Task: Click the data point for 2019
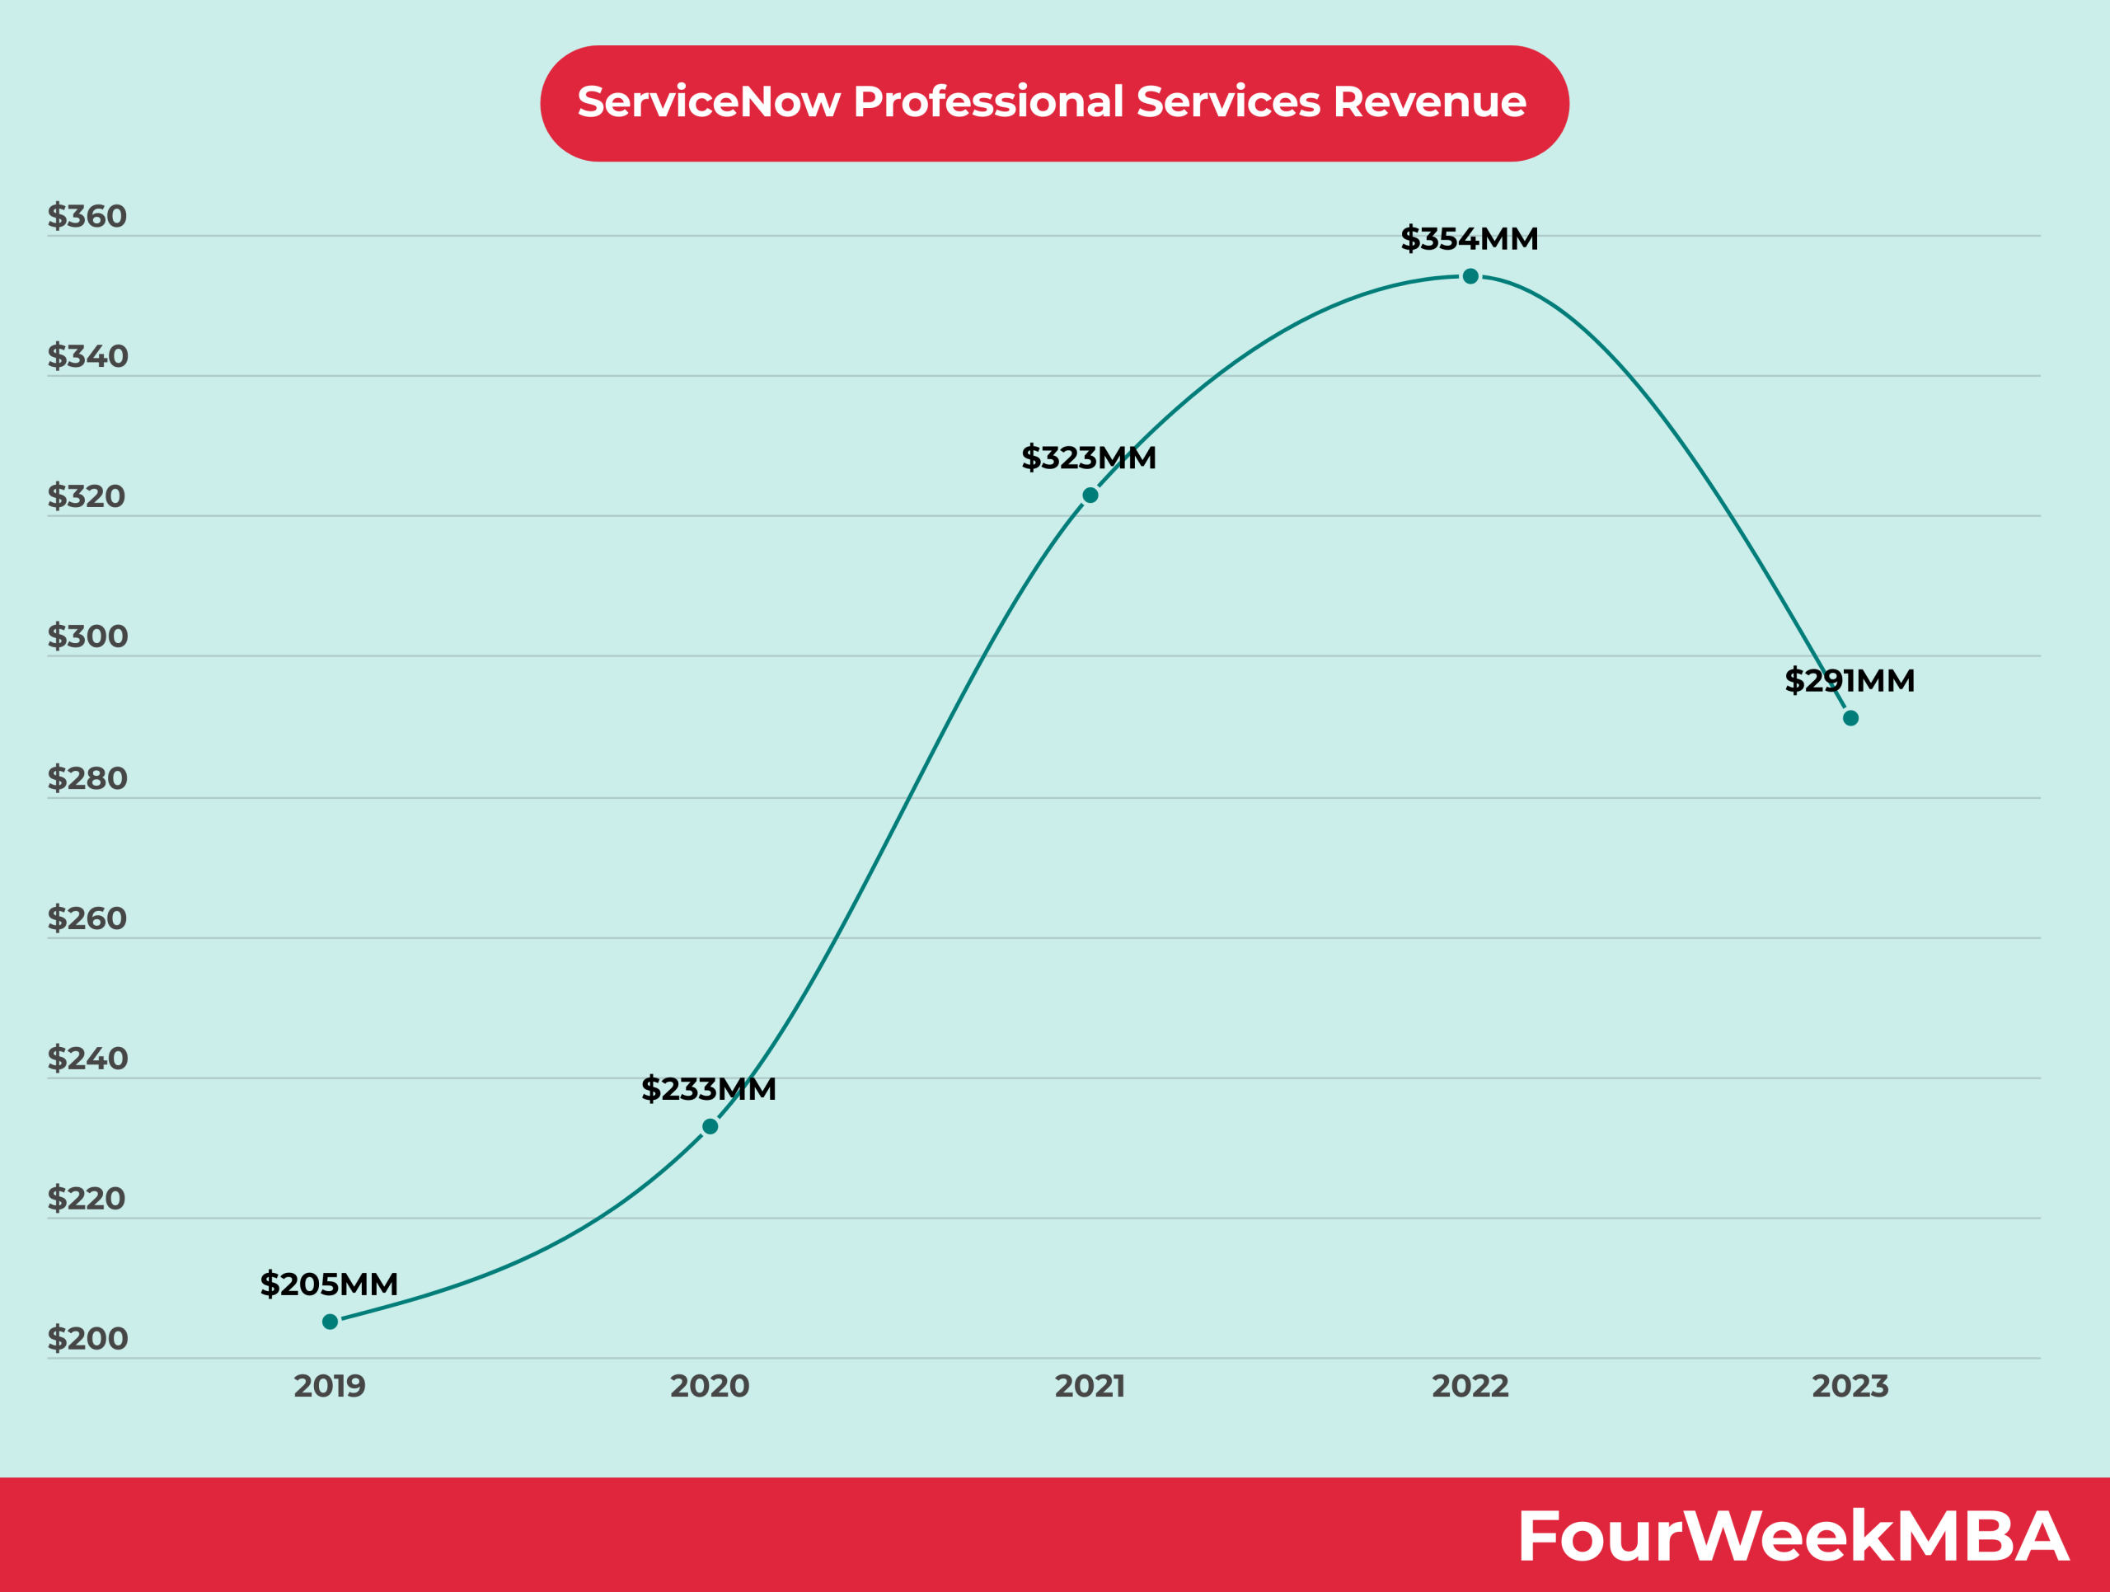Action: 330,1321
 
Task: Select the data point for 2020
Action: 710,1126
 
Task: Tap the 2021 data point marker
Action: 1090,495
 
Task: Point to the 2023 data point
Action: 1850,718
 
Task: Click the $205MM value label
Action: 329,1284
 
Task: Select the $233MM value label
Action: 709,1088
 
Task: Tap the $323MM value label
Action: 1089,458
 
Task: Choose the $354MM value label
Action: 1469,238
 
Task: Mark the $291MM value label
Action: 1850,681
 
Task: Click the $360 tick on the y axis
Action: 87,217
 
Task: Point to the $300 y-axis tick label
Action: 87,636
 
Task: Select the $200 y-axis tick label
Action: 87,1338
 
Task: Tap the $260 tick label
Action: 87,918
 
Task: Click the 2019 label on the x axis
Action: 329,1386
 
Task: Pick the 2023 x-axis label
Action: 1850,1386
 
